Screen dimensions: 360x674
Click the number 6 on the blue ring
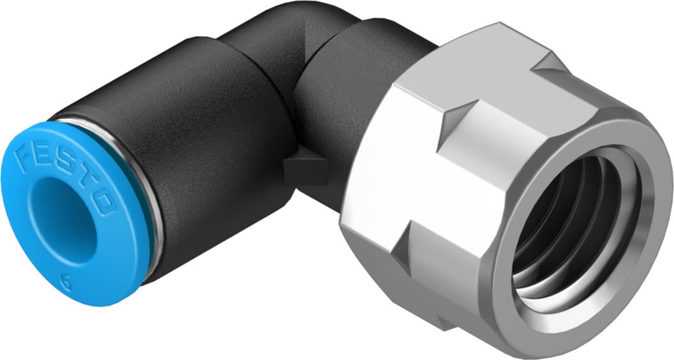[x=66, y=279]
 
